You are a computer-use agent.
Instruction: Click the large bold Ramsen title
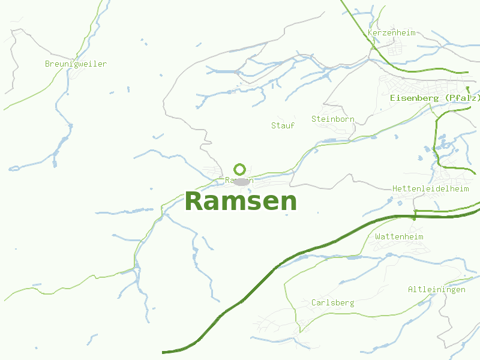(241, 202)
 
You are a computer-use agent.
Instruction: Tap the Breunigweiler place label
(76, 64)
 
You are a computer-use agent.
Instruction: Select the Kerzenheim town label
(391, 32)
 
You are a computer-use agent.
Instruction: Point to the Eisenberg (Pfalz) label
(434, 98)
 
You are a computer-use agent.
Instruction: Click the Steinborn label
(332, 119)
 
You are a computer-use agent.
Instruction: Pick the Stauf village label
(283, 125)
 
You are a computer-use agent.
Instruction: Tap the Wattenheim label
(399, 237)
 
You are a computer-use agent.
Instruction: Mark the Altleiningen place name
(436, 290)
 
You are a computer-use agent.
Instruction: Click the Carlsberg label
(332, 302)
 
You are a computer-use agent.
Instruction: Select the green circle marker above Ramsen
(240, 169)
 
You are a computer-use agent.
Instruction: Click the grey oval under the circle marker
(241, 182)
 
